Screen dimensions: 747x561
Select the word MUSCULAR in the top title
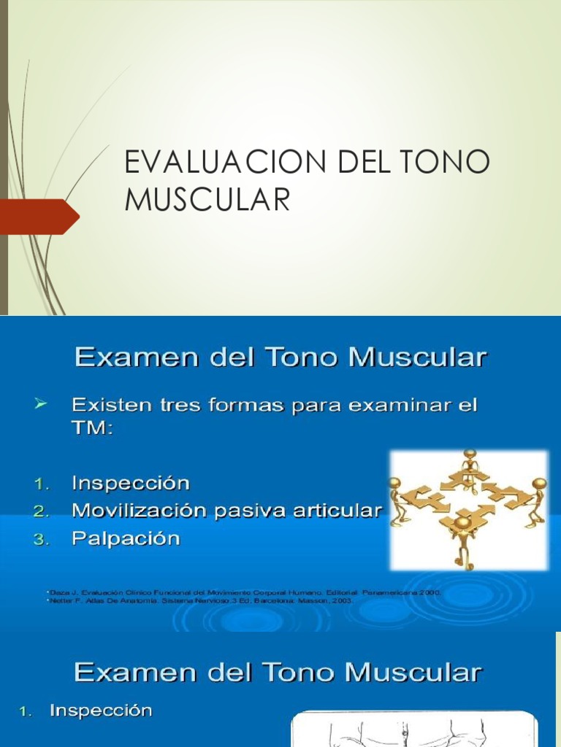tap(207, 200)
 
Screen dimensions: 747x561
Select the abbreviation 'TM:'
tap(93, 430)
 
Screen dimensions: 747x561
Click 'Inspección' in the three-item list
tap(131, 483)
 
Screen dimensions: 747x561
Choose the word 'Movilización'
tap(139, 511)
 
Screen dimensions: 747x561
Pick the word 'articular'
tap(340, 511)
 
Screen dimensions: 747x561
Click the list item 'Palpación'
tap(126, 539)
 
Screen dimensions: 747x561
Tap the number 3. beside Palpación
tap(42, 540)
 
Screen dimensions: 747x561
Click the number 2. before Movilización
tap(42, 511)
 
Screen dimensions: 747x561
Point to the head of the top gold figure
tap(470, 455)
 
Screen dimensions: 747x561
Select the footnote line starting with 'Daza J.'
tap(242, 592)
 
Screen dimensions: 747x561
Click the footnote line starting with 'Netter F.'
tap(198, 601)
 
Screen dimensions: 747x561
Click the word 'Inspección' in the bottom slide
tap(101, 711)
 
